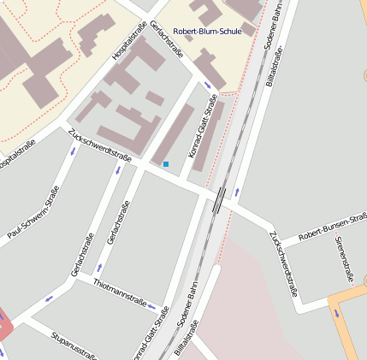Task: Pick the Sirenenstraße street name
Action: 347,258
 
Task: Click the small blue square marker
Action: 166,163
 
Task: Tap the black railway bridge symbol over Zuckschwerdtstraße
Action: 221,200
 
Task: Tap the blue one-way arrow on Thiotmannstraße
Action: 151,305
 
